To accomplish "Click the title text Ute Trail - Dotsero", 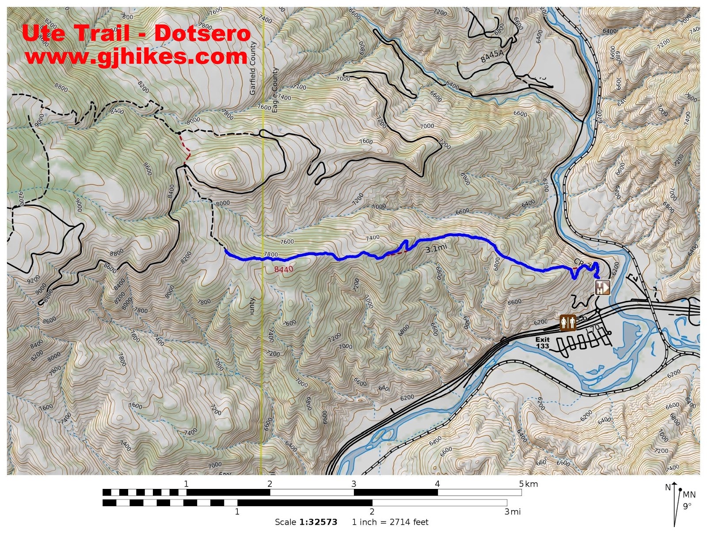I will (136, 33).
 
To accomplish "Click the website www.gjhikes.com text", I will (136, 57).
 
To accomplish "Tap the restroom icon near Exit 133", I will (568, 323).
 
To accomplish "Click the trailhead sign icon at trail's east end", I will (602, 287).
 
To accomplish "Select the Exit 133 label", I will (542, 343).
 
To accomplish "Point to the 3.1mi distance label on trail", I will (436, 248).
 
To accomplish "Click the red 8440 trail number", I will (283, 269).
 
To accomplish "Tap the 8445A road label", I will (492, 56).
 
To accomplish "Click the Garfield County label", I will (253, 69).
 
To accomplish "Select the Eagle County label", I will (275, 90).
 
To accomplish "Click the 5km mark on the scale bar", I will (528, 484).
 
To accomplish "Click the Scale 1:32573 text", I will (306, 522).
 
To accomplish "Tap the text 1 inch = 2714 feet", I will (390, 522).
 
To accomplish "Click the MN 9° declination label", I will (688, 500).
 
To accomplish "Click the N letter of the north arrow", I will (668, 487).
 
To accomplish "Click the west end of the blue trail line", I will (226, 251).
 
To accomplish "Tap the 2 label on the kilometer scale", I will (270, 484).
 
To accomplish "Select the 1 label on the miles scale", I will (237, 511).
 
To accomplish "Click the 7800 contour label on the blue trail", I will (271, 255).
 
